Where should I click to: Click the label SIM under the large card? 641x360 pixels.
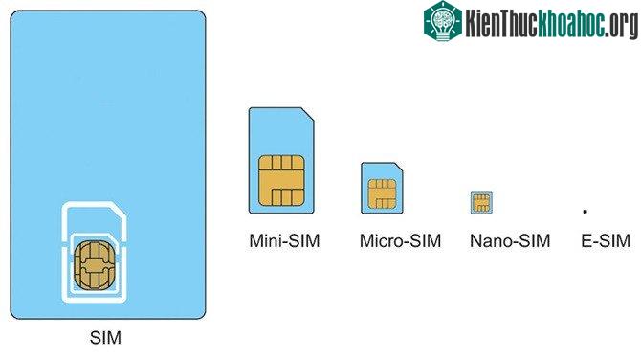coord(105,338)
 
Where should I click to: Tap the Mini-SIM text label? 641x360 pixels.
coord(284,240)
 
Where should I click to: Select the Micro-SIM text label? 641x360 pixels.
coord(400,240)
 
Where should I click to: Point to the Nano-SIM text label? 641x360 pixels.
coord(510,240)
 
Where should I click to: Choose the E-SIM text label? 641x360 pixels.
coord(606,240)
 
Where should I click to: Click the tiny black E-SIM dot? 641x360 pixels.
coord(585,212)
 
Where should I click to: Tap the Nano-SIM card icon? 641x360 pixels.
coord(481,203)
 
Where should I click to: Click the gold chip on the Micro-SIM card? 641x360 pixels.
coord(382,194)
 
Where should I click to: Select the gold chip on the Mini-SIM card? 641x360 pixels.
coord(281,180)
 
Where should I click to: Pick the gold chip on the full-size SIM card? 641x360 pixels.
coord(94,265)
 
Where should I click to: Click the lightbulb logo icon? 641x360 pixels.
coord(442,21)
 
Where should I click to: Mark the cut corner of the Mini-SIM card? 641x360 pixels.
coord(308,114)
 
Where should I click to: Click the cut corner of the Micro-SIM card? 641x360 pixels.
coord(399,167)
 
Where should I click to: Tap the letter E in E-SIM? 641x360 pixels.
coord(586,240)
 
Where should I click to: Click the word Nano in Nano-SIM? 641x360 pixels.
coord(489,240)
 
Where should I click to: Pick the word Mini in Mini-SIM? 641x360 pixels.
coord(264,240)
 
